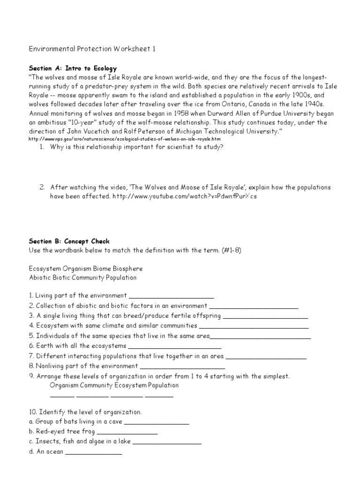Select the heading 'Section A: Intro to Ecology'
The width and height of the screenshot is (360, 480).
pos(73,68)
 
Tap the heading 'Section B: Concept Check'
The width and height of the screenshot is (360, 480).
pos(69,241)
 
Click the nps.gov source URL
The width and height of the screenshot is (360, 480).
pos(124,139)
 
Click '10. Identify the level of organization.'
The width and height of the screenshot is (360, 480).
pos(85,412)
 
